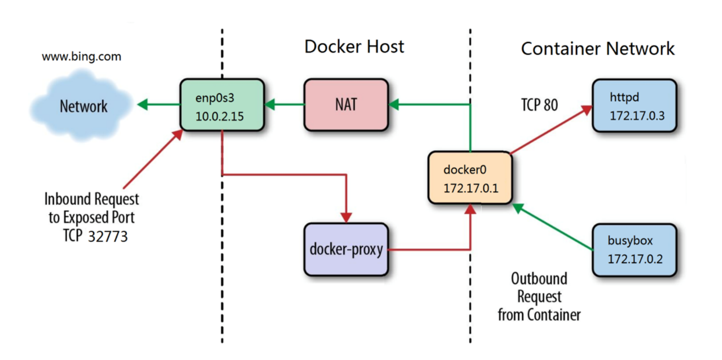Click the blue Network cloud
[x=81, y=106]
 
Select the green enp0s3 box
[x=222, y=105]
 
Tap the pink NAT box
[x=346, y=105]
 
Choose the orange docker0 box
[x=470, y=178]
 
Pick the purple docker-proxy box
[x=346, y=249]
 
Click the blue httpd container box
[x=634, y=106]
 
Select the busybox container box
[x=634, y=250]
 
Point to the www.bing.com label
[x=81, y=57]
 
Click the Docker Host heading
[x=354, y=47]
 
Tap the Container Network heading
[x=598, y=49]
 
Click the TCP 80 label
[x=539, y=105]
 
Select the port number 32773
[x=108, y=237]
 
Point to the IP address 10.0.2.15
[x=220, y=117]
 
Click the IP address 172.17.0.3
[x=637, y=116]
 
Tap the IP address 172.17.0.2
[x=635, y=259]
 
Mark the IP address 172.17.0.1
[x=471, y=188]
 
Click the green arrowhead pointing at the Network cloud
[x=143, y=105]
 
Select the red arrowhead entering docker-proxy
[x=346, y=218]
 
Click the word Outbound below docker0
[x=539, y=279]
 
